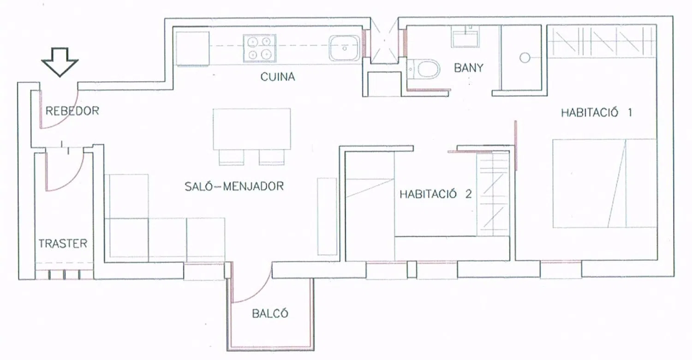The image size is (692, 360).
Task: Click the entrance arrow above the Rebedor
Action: tap(60, 62)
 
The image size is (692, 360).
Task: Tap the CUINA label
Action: tap(277, 77)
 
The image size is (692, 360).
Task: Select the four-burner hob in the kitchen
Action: tap(259, 48)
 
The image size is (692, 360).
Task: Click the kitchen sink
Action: tap(344, 48)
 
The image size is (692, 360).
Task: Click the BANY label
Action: tap(469, 68)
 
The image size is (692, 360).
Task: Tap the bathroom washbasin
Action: tap(465, 36)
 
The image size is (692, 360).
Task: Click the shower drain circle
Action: tap(525, 58)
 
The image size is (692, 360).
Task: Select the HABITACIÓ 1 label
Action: tap(597, 113)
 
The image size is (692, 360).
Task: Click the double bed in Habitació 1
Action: tap(604, 183)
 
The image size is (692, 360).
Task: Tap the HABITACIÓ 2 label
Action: tap(435, 194)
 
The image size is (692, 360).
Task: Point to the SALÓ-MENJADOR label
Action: tap(234, 186)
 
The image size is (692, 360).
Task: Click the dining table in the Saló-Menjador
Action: tap(252, 129)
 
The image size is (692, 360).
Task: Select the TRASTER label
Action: tap(63, 244)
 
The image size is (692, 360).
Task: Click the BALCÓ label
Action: tap(270, 314)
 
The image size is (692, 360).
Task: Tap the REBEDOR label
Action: tap(72, 111)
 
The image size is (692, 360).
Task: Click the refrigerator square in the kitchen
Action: tap(192, 48)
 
